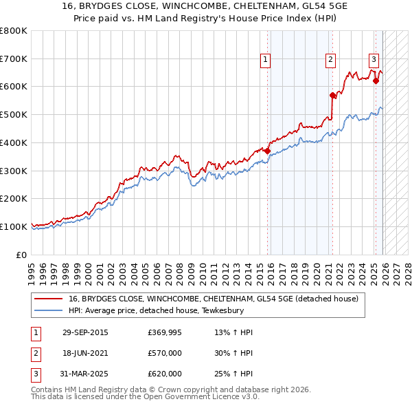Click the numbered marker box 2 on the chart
tap(330, 61)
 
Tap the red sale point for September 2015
tap(268, 151)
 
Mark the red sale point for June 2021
tap(332, 95)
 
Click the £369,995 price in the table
tap(164, 332)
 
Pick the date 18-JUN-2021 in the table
tap(85, 353)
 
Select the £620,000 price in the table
tap(164, 374)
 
